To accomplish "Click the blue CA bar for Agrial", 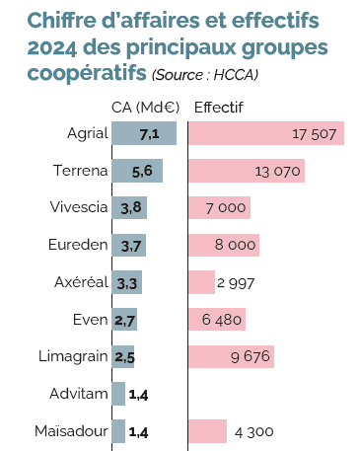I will pyautogui.click(x=144, y=133).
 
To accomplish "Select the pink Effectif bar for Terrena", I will pyautogui.click(x=246, y=171).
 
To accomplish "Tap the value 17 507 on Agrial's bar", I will pyautogui.click(x=317, y=133).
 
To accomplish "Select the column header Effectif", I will pyautogui.click(x=220, y=108).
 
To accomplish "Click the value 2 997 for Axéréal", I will pyautogui.click(x=236, y=282).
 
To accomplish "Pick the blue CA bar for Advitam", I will pyautogui.click(x=119, y=394).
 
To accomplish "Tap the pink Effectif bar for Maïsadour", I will pyautogui.click(x=207, y=431).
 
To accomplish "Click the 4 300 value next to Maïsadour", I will pyautogui.click(x=253, y=431).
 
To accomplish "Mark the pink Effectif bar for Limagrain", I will pyautogui.click(x=230, y=356).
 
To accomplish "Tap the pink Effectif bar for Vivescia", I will pyautogui.click(x=219, y=207).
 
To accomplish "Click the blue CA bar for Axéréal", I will pyautogui.click(x=127, y=282).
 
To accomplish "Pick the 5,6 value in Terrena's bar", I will pyautogui.click(x=141, y=171).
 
